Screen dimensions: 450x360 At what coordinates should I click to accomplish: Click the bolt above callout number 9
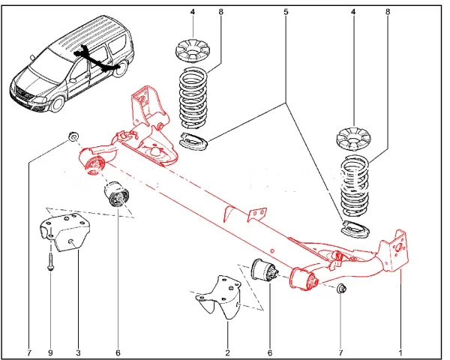50,261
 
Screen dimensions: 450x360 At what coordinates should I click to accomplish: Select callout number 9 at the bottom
50,352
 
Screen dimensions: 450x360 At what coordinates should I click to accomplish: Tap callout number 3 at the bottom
78,352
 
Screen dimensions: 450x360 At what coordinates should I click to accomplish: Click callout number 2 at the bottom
227,352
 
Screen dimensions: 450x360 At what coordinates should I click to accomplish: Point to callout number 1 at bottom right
400,352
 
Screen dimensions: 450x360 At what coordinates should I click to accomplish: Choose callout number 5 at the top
286,12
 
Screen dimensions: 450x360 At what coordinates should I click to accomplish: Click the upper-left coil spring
193,98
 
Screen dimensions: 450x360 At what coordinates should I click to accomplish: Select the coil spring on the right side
355,187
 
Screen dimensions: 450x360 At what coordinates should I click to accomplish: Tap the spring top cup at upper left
192,51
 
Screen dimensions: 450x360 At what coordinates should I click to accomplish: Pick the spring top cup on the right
353,139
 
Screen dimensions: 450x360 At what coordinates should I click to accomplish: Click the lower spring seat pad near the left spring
193,141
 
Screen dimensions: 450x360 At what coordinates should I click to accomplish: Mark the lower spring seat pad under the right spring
355,229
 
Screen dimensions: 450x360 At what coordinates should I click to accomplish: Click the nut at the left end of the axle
73,137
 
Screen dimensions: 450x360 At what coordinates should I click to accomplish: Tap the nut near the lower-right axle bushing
341,288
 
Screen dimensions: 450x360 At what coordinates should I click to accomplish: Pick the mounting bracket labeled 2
220,297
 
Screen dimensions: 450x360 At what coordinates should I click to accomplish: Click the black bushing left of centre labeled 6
116,193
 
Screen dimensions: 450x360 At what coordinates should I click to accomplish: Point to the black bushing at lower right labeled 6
265,271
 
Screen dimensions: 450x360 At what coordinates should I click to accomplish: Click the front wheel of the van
58,103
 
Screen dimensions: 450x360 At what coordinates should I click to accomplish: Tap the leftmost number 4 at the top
192,12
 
